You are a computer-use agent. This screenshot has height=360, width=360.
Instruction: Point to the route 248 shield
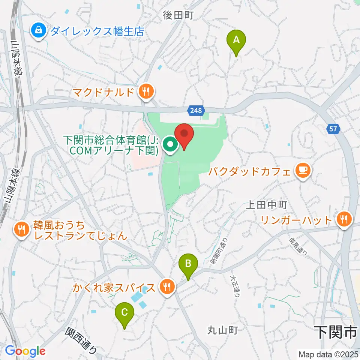pos(195,110)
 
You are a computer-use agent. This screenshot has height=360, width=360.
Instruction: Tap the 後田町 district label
pos(177,15)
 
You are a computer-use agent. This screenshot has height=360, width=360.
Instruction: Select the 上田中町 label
pos(266,205)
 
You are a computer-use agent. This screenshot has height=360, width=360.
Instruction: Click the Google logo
pos(25,351)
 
